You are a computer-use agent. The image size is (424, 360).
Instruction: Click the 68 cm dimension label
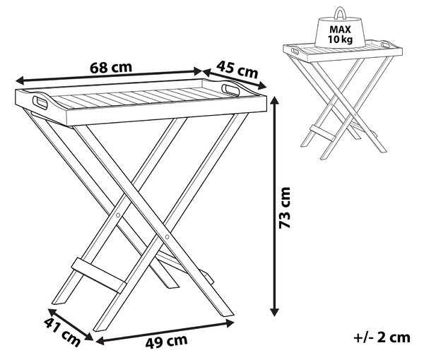(x=111, y=68)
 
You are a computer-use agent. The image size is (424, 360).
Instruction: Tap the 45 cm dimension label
(x=237, y=70)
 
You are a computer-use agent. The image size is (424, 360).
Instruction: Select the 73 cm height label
(x=285, y=208)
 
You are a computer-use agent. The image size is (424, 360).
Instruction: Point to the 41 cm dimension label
(x=62, y=332)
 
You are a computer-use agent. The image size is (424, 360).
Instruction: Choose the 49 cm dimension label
(x=166, y=341)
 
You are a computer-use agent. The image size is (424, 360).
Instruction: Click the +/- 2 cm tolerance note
(x=382, y=337)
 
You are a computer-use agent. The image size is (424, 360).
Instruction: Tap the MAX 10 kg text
(x=340, y=35)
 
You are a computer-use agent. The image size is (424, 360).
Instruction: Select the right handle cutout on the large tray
(x=230, y=90)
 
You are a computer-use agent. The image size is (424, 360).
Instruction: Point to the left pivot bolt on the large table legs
(x=118, y=215)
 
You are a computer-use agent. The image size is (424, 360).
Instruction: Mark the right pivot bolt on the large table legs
(x=167, y=237)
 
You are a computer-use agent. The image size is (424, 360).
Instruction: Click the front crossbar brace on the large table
(x=98, y=275)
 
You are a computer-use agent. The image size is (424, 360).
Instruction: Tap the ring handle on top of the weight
(x=340, y=13)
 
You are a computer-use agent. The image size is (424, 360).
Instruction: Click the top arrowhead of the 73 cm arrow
(x=274, y=100)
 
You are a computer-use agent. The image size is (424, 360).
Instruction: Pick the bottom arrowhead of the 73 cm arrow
(x=274, y=312)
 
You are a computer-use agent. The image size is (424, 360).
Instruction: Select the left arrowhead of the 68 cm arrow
(x=20, y=80)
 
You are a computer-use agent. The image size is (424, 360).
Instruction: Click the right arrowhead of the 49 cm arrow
(x=230, y=323)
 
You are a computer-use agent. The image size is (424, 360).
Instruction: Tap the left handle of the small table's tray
(x=295, y=51)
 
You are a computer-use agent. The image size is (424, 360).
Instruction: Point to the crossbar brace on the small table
(x=323, y=133)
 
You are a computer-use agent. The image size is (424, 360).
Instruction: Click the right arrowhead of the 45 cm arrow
(x=263, y=86)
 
